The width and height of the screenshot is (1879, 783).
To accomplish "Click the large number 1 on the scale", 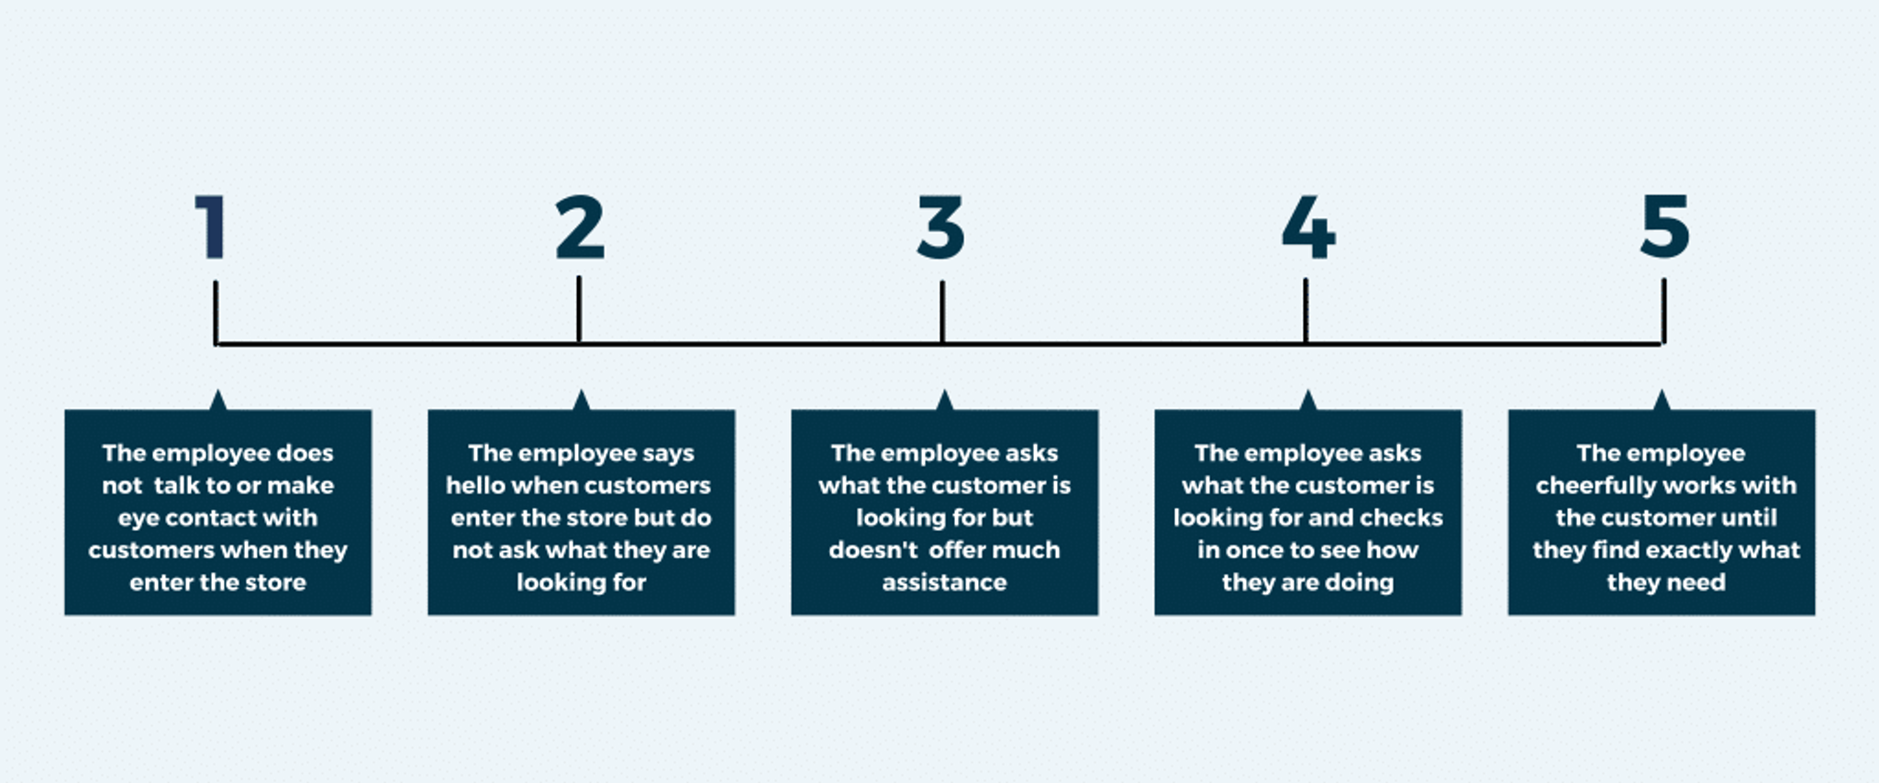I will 212,227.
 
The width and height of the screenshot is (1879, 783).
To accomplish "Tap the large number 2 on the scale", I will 580,227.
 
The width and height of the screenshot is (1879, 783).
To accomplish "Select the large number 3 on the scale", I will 941,227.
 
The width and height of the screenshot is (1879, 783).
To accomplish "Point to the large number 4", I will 1307,227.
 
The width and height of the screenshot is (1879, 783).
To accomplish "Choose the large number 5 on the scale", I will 1664,227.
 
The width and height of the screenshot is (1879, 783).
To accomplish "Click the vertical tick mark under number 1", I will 216,312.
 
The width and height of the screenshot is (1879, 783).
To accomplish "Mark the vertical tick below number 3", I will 942,312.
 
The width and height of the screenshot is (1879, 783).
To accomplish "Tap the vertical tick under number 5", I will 1663,312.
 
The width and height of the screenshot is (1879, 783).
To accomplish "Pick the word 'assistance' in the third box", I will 944,582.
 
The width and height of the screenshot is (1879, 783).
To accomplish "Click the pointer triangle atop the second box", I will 581,401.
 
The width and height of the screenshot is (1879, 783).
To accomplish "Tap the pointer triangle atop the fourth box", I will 1308,401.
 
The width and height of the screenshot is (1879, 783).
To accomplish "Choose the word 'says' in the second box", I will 668,453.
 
